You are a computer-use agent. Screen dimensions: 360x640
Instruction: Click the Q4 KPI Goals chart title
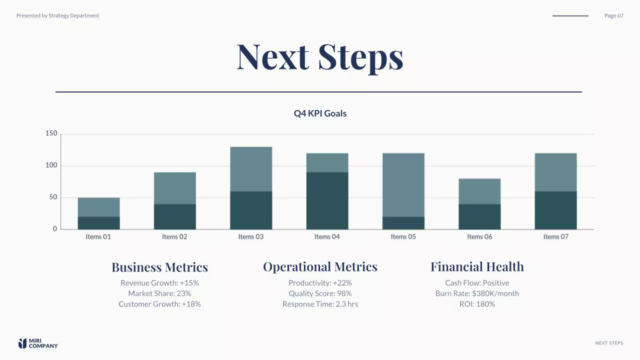tap(320, 113)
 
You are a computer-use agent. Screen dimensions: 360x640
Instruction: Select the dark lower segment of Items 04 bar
tap(327, 200)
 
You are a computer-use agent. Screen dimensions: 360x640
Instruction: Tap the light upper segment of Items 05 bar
tap(403, 184)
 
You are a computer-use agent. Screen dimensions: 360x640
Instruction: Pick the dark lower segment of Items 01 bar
tap(98, 222)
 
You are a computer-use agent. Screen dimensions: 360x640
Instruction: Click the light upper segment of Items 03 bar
tap(251, 169)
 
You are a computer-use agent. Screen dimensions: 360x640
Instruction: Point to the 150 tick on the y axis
tap(51, 133)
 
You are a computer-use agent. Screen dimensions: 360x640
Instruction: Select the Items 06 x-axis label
tap(479, 236)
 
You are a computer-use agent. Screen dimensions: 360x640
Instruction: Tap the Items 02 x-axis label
tap(174, 236)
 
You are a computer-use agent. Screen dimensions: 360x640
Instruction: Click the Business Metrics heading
tap(159, 267)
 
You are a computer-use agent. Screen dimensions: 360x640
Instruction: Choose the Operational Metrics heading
tap(320, 267)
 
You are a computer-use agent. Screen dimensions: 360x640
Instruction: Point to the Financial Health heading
tap(477, 267)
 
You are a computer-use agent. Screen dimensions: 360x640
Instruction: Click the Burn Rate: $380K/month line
tap(477, 293)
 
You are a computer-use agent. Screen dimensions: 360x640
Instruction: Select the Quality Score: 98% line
tap(320, 293)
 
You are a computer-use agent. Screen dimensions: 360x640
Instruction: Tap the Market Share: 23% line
tap(159, 293)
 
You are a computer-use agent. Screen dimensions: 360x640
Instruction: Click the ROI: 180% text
tap(477, 304)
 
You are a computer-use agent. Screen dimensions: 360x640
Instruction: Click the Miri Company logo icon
tap(22, 343)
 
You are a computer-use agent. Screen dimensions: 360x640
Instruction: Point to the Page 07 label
tap(613, 15)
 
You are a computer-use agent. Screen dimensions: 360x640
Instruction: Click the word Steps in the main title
tap(360, 56)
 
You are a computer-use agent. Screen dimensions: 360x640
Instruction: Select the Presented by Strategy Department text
tap(57, 15)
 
